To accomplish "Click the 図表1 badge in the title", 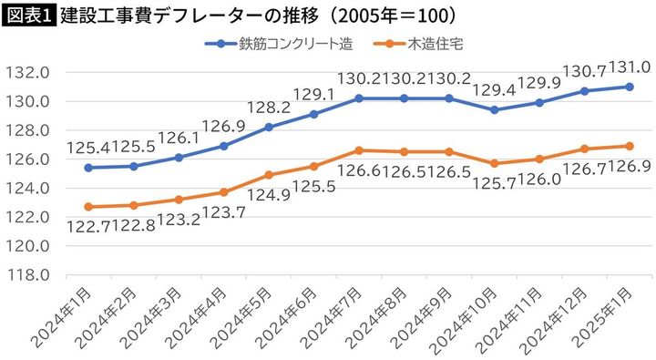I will [x=28, y=15].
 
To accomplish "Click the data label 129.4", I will [x=494, y=89].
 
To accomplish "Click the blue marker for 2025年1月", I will [x=630, y=87].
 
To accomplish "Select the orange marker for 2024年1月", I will [x=87, y=207].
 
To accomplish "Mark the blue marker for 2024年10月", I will [x=494, y=109].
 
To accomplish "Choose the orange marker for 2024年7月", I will [x=358, y=150].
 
